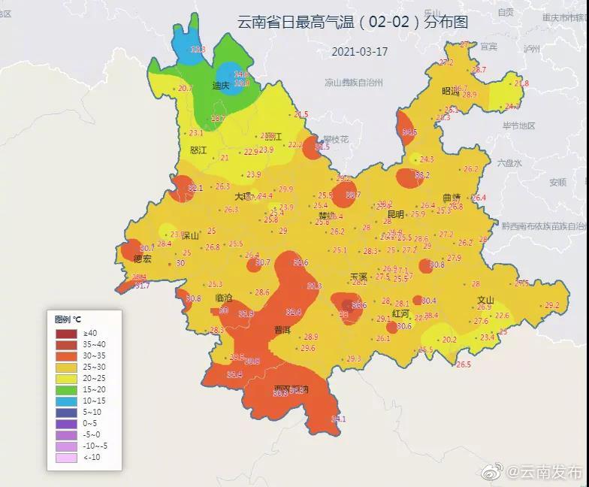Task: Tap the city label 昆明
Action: coord(395,214)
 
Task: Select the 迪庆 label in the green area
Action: coord(220,86)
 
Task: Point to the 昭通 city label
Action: coord(450,91)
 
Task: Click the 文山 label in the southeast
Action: coord(485,299)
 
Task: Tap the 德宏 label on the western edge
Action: coord(142,259)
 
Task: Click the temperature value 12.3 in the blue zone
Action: coord(198,49)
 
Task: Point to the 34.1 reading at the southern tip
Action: coord(338,419)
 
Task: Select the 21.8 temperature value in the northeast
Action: coord(521,83)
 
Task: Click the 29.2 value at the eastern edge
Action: coord(551,305)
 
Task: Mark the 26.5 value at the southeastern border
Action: coord(463,364)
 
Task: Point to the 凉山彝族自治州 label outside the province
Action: coord(354,83)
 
